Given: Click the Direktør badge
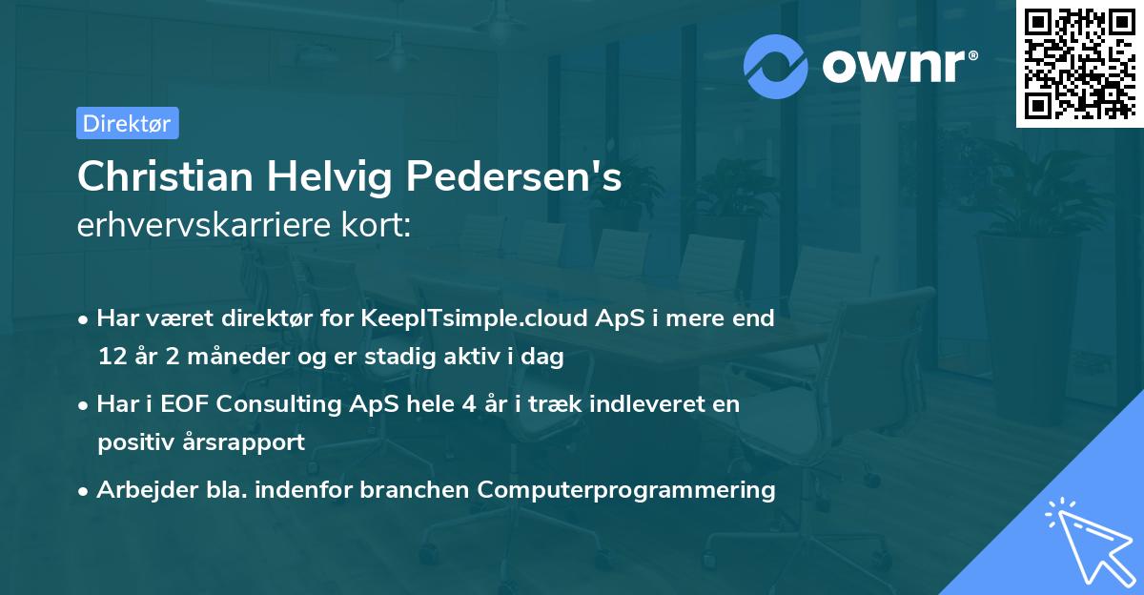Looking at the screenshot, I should click(x=127, y=123).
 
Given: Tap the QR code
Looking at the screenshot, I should click(x=1078, y=64).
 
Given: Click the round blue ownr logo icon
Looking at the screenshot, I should click(x=776, y=66).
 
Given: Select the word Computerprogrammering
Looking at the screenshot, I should click(x=626, y=490).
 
